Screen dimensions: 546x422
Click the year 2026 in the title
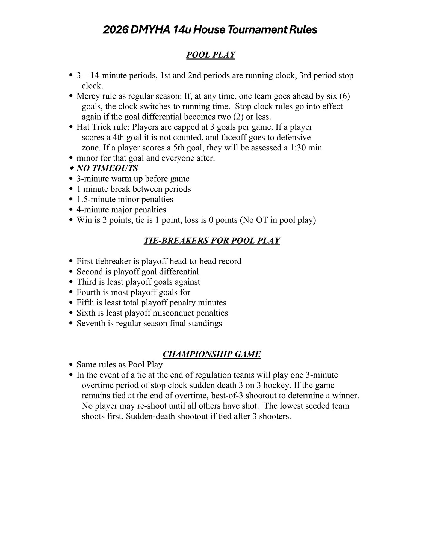point(115,30)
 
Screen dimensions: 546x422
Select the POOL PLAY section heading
point(211,55)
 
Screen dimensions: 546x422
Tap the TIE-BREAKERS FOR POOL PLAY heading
point(212,241)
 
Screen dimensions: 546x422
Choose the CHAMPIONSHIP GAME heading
point(212,354)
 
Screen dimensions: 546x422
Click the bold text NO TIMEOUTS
point(107,168)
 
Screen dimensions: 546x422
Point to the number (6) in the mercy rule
point(344,96)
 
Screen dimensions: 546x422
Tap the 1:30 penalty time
point(300,148)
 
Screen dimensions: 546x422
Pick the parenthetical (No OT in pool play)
point(278,220)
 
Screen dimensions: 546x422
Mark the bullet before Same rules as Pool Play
point(71,364)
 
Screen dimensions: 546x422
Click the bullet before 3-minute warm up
point(71,179)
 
